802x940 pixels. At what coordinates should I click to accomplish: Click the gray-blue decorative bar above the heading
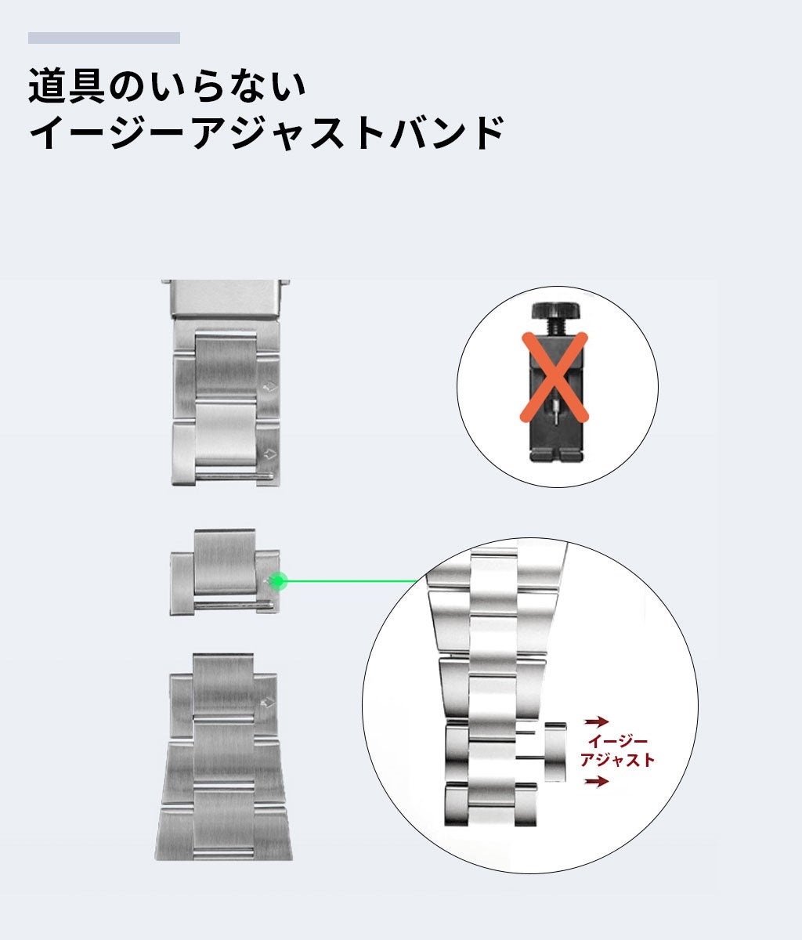coord(104,38)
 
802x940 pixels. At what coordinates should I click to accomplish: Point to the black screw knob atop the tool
coord(557,311)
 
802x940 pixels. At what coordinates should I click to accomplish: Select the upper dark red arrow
coord(598,721)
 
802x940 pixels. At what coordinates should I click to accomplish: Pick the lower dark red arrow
coord(598,781)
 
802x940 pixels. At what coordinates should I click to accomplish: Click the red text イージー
coord(617,741)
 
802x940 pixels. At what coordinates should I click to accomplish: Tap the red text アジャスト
coord(617,760)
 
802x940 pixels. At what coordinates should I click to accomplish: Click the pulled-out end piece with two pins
coord(555,750)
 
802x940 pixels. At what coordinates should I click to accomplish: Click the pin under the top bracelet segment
coord(233,475)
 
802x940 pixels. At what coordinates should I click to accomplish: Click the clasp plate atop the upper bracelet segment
coord(226,298)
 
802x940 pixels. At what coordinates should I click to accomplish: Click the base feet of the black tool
coord(557,454)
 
